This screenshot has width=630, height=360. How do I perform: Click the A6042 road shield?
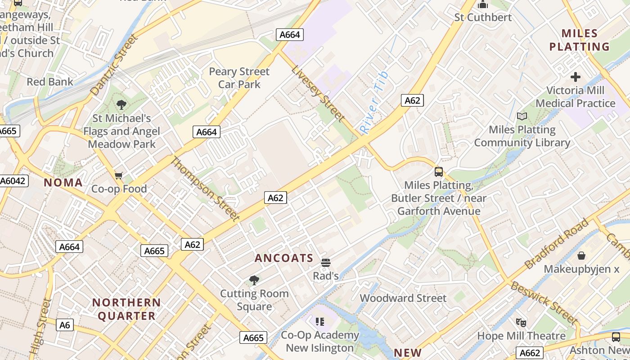tap(13, 181)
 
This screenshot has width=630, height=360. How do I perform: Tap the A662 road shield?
tap(529, 353)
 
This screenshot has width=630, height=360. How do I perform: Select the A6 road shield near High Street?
tap(65, 324)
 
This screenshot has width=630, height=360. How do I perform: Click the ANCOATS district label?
tap(284, 258)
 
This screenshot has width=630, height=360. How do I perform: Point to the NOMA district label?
tap(63, 182)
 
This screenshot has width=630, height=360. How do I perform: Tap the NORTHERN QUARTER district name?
tap(126, 309)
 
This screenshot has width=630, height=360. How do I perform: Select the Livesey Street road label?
tap(318, 94)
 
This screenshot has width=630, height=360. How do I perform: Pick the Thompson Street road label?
tap(205, 189)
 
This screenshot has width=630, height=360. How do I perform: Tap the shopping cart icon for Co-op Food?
tap(119, 175)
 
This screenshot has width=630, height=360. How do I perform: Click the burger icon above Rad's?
tap(325, 263)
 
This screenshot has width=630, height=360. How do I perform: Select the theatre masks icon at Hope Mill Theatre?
tap(521, 322)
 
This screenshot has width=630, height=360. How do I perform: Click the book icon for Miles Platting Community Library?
tap(522, 116)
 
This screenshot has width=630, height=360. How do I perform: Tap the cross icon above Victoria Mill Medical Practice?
tap(575, 77)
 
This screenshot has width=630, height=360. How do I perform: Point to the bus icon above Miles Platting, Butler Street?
tap(438, 171)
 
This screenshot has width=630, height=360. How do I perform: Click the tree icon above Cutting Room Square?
tap(254, 280)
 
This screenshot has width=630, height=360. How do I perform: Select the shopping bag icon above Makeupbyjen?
tap(581, 256)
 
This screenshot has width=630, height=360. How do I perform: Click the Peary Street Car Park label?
tap(239, 78)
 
